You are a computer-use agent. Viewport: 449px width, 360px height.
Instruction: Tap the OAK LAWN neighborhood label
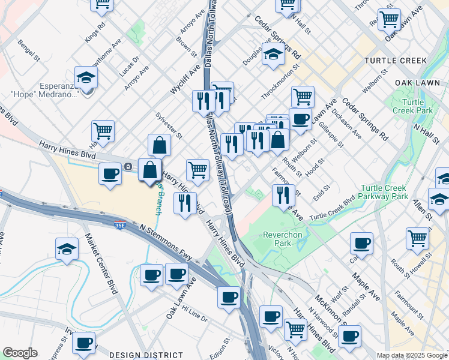(414, 82)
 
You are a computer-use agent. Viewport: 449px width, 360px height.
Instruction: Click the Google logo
(20, 353)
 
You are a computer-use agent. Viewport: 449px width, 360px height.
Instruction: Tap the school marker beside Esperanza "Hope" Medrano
(86, 77)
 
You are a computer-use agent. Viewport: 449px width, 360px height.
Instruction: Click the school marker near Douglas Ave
(273, 54)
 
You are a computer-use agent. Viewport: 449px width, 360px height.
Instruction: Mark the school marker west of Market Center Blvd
(67, 249)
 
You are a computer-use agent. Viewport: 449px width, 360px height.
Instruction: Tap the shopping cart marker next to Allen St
(417, 238)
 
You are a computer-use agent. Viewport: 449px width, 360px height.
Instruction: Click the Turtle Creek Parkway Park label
(384, 192)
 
